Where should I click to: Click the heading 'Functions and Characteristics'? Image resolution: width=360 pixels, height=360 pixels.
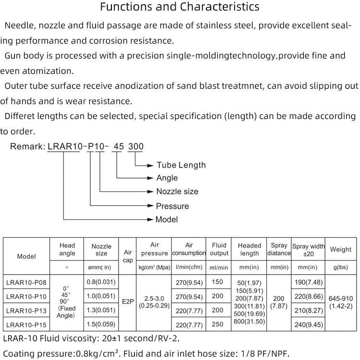coord(180,7)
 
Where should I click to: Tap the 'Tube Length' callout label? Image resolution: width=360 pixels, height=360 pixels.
coord(181,165)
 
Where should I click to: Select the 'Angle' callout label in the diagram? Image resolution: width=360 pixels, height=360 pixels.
coord(167,178)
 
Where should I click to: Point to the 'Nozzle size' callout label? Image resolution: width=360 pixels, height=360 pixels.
coord(177,192)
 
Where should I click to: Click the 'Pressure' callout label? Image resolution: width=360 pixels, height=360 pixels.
coord(172,206)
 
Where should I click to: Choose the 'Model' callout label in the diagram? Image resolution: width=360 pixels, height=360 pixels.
coord(167,220)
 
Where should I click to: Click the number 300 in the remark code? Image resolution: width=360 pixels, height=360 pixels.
coord(135,146)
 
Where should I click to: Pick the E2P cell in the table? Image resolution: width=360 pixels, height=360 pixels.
coord(128,302)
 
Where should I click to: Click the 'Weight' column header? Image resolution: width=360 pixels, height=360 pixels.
coord(340,250)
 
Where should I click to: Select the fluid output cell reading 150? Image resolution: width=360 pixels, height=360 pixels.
coord(218,282)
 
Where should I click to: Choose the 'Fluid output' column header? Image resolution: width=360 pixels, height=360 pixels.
coord(219,249)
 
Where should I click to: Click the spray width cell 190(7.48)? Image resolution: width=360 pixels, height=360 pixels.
coord(308,282)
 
